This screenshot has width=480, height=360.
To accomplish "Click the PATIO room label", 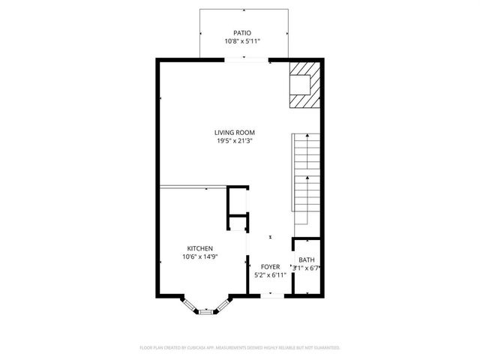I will [x=241, y=33].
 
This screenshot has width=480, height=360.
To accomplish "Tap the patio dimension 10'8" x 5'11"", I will [x=241, y=42].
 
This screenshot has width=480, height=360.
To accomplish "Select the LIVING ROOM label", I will [x=235, y=132].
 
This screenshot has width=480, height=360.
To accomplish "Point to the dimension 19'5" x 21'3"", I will [x=235, y=141].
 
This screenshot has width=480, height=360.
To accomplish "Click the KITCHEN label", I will [x=200, y=248].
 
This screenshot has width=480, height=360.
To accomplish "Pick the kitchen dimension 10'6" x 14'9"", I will [x=200, y=257].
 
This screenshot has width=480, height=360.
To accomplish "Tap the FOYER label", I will [x=270, y=266].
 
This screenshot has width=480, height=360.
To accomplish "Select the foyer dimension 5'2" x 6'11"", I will [x=270, y=275].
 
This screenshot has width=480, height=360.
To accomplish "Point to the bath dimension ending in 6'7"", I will [x=307, y=267].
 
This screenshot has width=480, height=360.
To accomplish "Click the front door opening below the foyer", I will [x=271, y=295].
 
